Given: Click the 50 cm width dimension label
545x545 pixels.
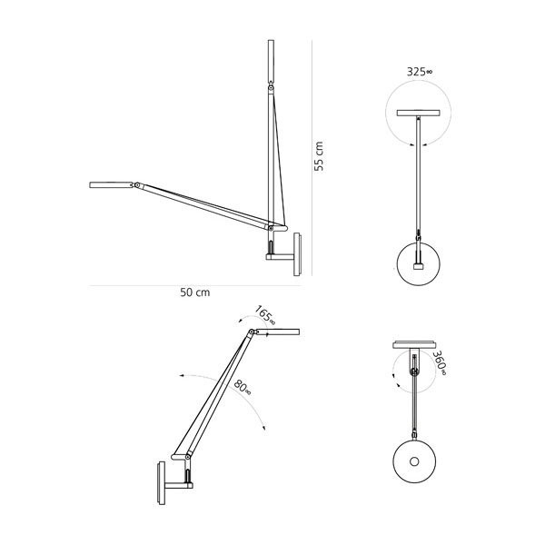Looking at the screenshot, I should [195, 292].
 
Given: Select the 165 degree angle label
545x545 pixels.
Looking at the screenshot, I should [264, 316].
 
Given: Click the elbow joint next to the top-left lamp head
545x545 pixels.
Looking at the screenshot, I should [135, 187].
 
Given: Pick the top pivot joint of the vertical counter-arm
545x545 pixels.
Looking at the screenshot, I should [272, 89].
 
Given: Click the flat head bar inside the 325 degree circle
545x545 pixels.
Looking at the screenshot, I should [418, 114].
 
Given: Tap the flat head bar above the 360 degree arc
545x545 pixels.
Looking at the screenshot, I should [417, 344].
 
